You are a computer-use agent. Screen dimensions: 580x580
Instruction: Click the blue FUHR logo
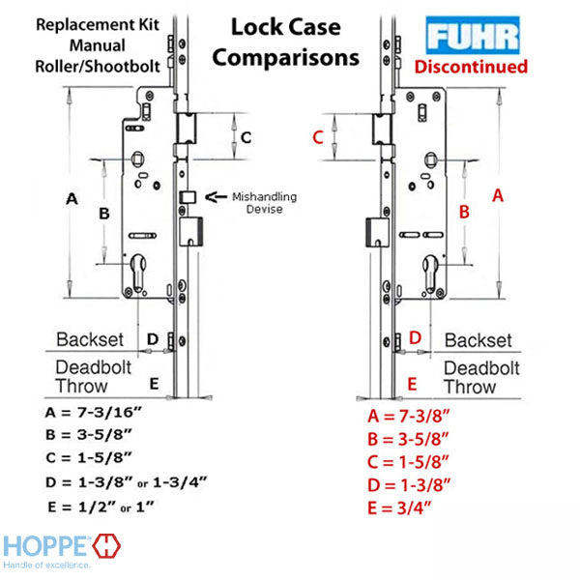pos(473,35)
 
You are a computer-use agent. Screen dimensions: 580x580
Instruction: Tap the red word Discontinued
pos(471,67)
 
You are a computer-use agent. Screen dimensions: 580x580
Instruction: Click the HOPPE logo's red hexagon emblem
pos(106,545)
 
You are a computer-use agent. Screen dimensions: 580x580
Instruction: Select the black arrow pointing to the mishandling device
pos(216,197)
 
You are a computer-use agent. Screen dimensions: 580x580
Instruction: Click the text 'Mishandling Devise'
pos(265,203)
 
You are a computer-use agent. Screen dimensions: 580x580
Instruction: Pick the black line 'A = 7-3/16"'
pos(94,412)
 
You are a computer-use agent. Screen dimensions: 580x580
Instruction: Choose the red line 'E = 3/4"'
pos(399,507)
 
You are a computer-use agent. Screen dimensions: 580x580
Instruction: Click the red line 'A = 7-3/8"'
pos(409,416)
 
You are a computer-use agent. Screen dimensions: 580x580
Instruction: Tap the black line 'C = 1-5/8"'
pos(89,457)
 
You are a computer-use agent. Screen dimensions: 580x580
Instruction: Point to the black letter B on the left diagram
pos(104,214)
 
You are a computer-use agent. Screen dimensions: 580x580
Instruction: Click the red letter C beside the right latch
pos(318,137)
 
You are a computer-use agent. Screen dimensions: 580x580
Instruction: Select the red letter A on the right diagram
pos(498,195)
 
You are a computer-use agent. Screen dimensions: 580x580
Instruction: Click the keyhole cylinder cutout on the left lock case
pos(137,273)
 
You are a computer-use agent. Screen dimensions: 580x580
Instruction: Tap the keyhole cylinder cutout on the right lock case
pos(430,274)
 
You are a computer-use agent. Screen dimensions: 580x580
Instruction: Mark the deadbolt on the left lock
pos(190,232)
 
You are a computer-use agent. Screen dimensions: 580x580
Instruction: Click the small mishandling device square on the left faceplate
pos(188,197)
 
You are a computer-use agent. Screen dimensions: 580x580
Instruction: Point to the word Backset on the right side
pos(478,340)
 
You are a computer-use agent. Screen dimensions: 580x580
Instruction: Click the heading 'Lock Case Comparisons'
pos(286,43)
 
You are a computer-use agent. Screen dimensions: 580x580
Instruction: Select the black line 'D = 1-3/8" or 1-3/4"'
pos(126,482)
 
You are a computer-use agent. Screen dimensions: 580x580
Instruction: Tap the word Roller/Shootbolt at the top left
pos(98,67)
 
